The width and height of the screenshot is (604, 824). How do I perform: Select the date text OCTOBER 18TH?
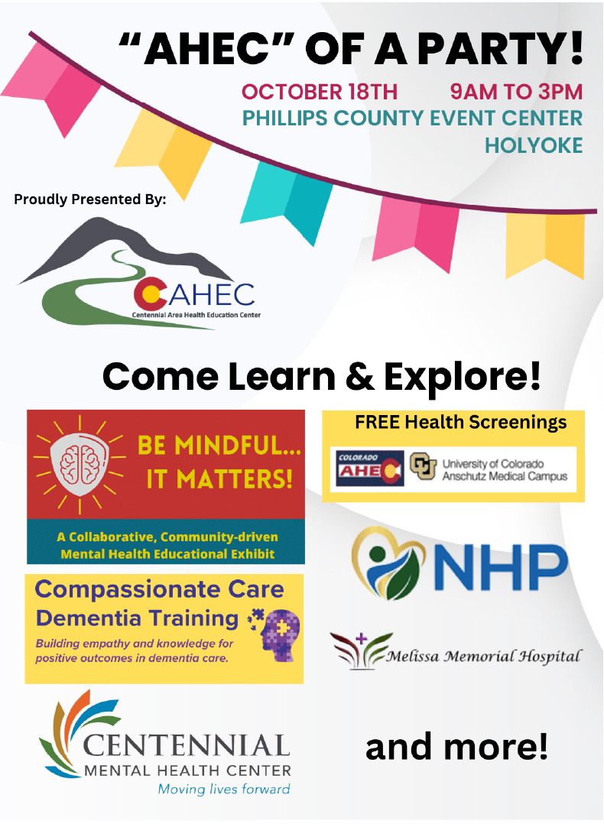(x=320, y=92)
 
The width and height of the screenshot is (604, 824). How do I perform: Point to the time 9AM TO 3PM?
(x=516, y=92)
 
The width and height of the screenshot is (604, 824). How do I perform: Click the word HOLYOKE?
(x=534, y=144)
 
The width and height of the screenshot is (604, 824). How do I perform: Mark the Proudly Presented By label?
(x=89, y=200)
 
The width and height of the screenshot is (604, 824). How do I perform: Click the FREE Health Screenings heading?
(x=460, y=422)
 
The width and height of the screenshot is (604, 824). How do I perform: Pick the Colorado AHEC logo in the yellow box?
(x=370, y=469)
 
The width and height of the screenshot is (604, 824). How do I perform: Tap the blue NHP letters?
(x=505, y=564)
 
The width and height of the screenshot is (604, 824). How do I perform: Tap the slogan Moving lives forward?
(x=223, y=789)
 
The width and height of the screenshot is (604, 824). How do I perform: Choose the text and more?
(x=456, y=747)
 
